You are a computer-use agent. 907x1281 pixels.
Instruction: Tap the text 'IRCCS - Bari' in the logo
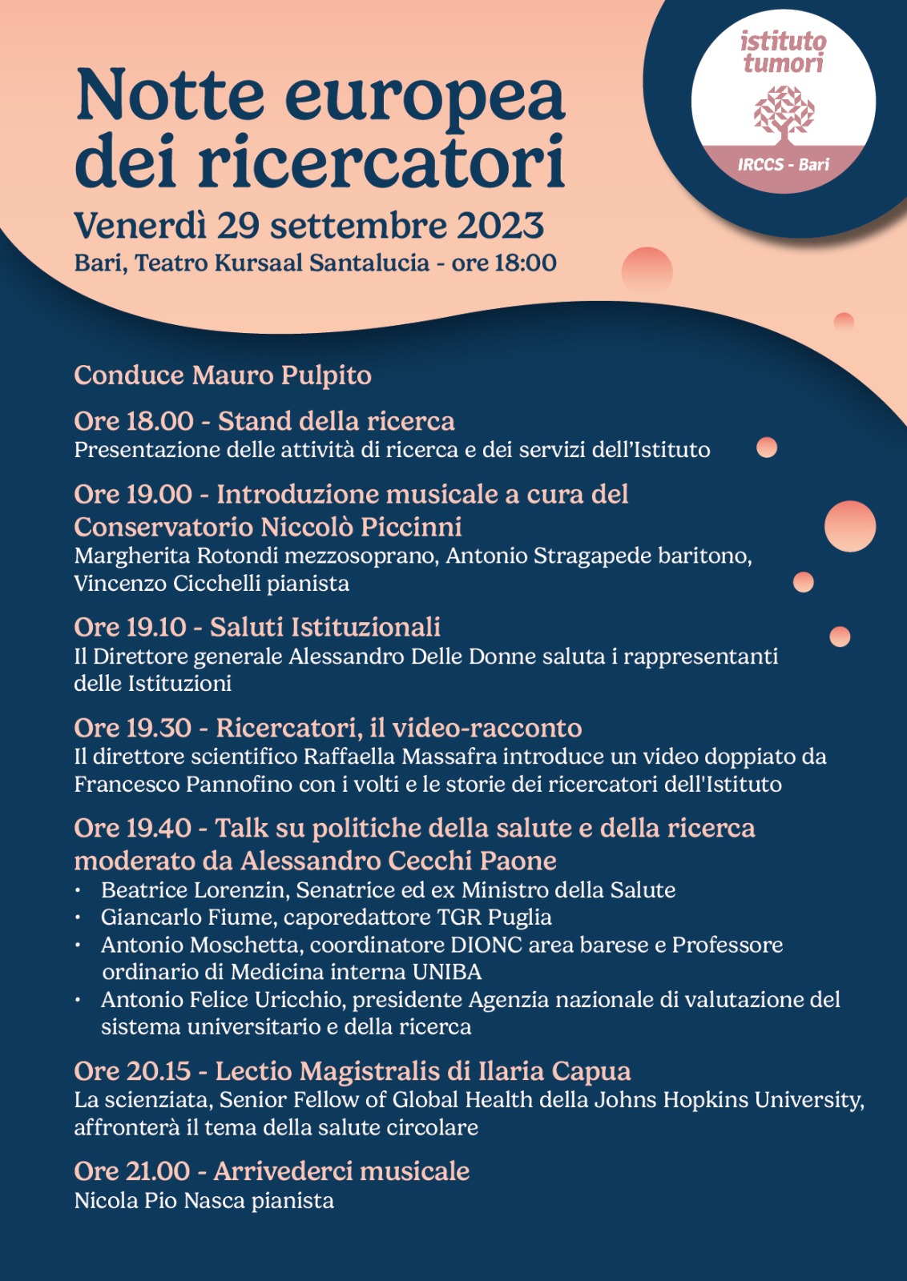tap(783, 165)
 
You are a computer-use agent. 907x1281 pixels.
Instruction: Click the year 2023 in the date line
tap(500, 227)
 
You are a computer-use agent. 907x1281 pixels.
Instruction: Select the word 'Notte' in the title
tap(169, 96)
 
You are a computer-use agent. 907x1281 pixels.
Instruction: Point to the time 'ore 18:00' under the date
tap(504, 263)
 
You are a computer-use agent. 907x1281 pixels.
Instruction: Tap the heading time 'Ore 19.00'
tap(133, 494)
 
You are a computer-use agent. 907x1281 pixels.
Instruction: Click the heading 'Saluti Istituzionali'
tap(325, 627)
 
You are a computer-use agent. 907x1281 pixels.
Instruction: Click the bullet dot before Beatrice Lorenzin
tap(78, 890)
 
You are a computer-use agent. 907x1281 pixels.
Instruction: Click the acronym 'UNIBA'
tap(446, 972)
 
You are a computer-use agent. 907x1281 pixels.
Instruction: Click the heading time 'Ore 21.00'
tap(132, 1171)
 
